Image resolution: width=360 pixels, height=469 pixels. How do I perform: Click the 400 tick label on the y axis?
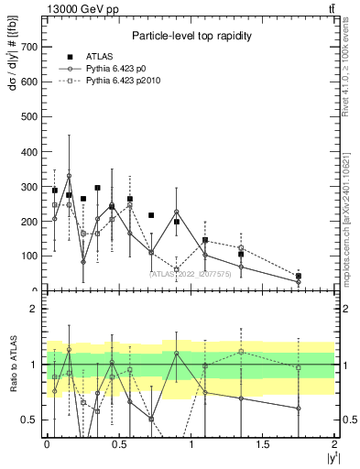pos(31,152)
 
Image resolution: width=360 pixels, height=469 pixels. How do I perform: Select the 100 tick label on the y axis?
pos(31,256)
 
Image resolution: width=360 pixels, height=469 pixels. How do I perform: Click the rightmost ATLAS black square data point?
pos(299,276)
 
